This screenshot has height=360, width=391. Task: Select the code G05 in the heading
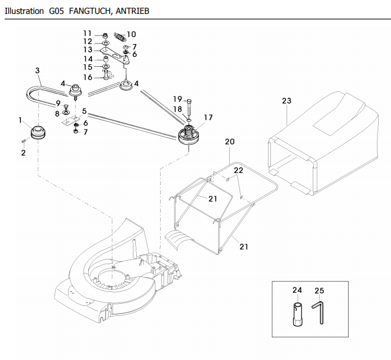(x=57, y=11)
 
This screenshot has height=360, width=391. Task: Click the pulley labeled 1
(x=38, y=132)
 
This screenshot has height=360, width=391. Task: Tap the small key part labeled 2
(x=24, y=141)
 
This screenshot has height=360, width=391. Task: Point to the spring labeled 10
(x=120, y=37)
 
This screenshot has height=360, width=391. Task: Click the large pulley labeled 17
(x=189, y=135)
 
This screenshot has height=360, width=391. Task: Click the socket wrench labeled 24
(x=298, y=314)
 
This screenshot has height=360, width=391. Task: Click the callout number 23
(x=287, y=100)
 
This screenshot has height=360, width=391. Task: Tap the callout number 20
(x=230, y=142)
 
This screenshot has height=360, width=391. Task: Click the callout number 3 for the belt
(x=37, y=70)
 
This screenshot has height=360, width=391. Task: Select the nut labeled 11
(x=105, y=36)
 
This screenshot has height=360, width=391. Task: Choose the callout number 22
(x=238, y=170)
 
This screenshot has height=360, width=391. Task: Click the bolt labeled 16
(x=106, y=75)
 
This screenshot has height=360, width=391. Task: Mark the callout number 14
(x=88, y=59)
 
